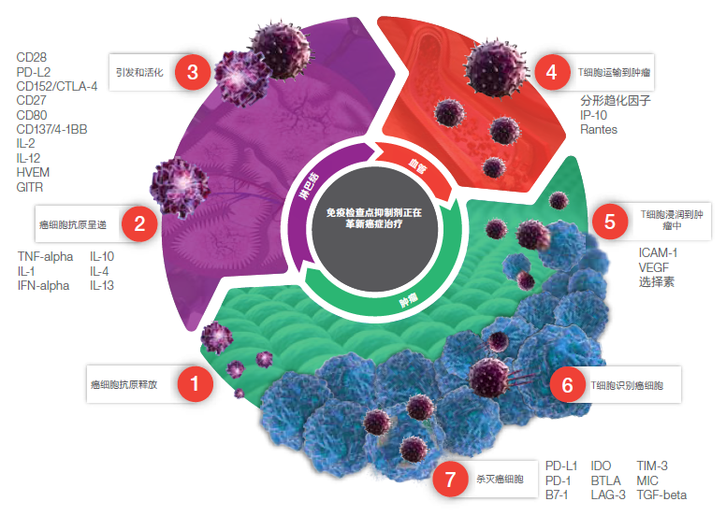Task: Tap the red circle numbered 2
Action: pyautogui.click(x=139, y=223)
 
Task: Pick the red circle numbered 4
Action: pyautogui.click(x=552, y=71)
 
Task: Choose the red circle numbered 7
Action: pyautogui.click(x=450, y=480)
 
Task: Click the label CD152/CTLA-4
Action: pyautogui.click(x=56, y=87)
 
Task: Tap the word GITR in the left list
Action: pyautogui.click(x=30, y=187)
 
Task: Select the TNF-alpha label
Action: pyautogui.click(x=44, y=255)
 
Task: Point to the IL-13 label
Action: pyautogui.click(x=102, y=285)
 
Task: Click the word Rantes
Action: pyautogui.click(x=599, y=129)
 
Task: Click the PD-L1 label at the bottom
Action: pyautogui.click(x=561, y=465)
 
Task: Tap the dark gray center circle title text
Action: pyautogui.click(x=374, y=219)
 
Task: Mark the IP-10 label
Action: pyautogui.click(x=595, y=114)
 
